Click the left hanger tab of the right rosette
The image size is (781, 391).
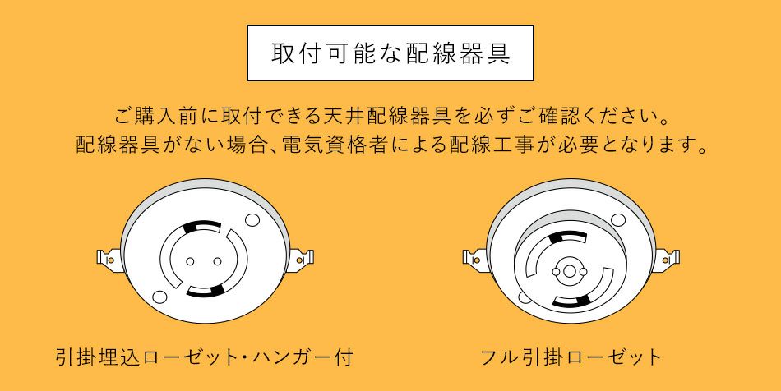tap(473, 259)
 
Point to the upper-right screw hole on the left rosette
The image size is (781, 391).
tap(253, 219)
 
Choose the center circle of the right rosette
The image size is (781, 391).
tap(571, 270)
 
